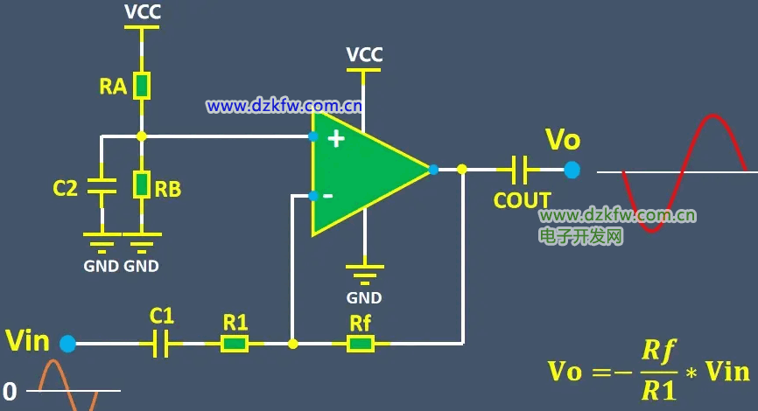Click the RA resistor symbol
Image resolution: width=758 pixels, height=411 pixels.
coord(142,85)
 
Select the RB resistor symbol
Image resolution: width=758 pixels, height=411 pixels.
coord(142,185)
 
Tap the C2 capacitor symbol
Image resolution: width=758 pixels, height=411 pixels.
coord(102,185)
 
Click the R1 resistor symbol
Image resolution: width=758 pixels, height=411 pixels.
coord(235,344)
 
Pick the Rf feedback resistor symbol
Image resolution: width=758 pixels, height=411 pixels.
coord(360,344)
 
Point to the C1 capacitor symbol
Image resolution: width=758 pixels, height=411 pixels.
coord(160,344)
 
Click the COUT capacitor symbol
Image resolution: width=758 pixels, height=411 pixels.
coord(519,168)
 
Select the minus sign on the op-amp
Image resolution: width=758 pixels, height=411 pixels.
coord(327,195)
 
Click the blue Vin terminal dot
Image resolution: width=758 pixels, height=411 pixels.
coord(67,344)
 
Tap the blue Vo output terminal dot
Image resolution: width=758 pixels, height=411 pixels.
coord(572,169)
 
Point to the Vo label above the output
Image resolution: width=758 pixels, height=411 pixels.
coord(563,139)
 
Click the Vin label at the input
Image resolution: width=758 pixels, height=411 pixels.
coord(27,340)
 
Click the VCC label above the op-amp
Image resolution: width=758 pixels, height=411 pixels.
coord(364,54)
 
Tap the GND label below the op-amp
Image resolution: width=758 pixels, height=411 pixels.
coord(364,297)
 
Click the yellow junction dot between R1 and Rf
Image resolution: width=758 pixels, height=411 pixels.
coord(292,344)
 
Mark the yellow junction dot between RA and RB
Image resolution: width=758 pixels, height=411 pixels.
coord(142,136)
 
